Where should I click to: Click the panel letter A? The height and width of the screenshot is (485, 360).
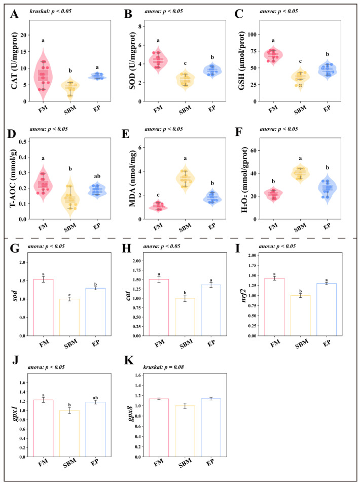point(14,14)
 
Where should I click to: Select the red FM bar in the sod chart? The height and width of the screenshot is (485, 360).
point(43,307)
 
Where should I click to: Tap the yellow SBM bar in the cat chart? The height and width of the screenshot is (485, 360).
point(185,317)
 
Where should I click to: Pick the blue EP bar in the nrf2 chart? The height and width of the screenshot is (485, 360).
point(327,309)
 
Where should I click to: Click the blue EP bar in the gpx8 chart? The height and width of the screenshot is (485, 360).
point(211,428)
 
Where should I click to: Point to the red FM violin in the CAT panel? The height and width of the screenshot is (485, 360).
point(43,74)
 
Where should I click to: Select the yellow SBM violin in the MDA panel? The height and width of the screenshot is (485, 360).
point(185,178)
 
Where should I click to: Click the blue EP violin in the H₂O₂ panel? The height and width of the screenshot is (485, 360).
point(327,189)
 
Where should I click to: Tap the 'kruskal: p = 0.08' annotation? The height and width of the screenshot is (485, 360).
point(163,367)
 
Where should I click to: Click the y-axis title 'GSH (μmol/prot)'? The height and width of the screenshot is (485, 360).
point(242,61)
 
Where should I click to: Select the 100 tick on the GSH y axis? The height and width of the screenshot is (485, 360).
point(252,34)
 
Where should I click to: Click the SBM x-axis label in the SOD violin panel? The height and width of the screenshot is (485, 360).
point(185,109)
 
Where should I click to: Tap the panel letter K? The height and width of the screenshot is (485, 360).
point(129,361)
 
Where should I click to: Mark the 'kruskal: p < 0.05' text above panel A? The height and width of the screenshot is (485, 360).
point(50,11)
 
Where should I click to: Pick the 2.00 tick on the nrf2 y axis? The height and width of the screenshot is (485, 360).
point(252,255)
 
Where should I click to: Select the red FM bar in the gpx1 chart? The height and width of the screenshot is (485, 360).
point(43,428)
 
